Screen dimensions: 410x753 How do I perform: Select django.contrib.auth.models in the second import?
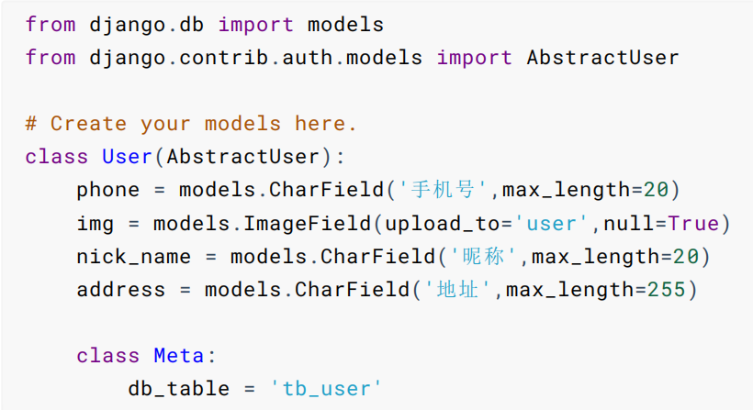[x=256, y=57]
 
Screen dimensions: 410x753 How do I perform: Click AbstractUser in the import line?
[x=602, y=57]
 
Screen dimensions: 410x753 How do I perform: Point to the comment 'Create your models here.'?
[x=191, y=123]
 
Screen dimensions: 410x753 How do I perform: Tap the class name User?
[x=127, y=156]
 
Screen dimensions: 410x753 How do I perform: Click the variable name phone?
[x=108, y=190]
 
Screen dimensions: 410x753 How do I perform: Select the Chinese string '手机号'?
[x=443, y=190]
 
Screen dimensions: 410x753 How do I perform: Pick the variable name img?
[x=96, y=223]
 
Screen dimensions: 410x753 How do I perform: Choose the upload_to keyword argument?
[x=435, y=223]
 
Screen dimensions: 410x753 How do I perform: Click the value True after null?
[x=692, y=223]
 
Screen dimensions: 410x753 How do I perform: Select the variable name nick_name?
[x=134, y=256]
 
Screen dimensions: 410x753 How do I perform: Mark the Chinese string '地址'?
[x=455, y=290]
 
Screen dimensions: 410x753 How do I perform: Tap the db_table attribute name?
[x=178, y=388]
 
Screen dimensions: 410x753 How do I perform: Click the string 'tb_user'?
[x=326, y=388]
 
